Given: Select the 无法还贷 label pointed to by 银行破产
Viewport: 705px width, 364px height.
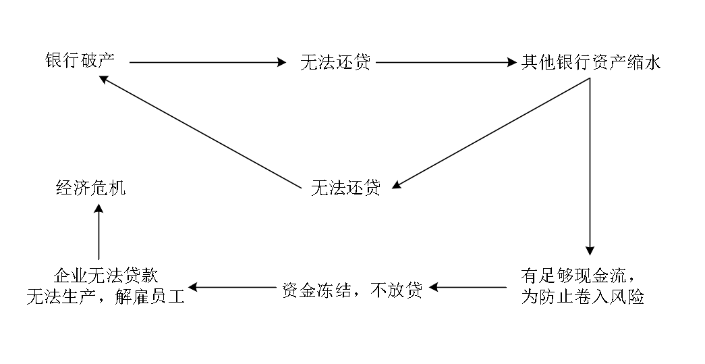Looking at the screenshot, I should coord(335,63).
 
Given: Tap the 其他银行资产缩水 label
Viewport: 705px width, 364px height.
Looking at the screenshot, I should coord(591,63).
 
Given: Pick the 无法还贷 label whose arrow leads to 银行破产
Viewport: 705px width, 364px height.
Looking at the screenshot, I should coord(345,188).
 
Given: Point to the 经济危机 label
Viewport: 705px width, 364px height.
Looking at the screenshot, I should coord(90,188).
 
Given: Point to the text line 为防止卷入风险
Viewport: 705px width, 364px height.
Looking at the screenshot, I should coord(582,296).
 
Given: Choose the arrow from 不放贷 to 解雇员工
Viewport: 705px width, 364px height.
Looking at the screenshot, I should coord(233,288).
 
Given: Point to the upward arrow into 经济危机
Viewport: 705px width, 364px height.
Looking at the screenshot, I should coord(99,233).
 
